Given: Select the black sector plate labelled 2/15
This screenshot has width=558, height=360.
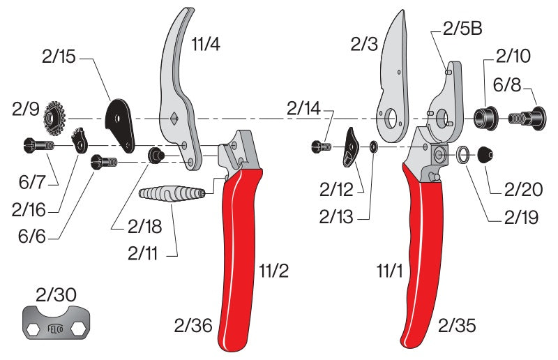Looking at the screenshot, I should click(120, 125).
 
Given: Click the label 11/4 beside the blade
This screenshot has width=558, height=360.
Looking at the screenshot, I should click(206, 46).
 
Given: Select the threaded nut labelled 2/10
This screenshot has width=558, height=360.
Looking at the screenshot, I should click(483, 117).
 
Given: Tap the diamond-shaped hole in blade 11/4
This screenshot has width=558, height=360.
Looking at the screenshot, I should click(172, 118).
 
